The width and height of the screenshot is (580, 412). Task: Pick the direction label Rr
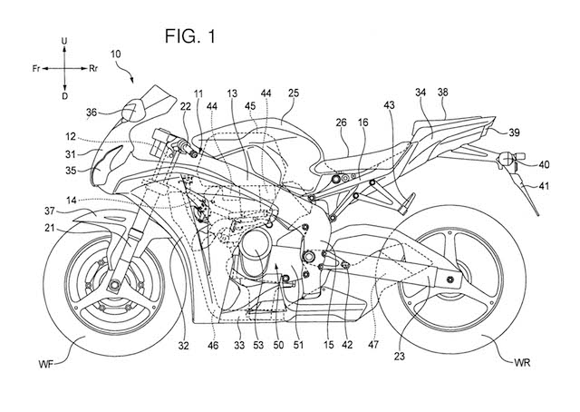coord(93,68)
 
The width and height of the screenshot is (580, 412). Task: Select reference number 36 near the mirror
coord(92,113)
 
